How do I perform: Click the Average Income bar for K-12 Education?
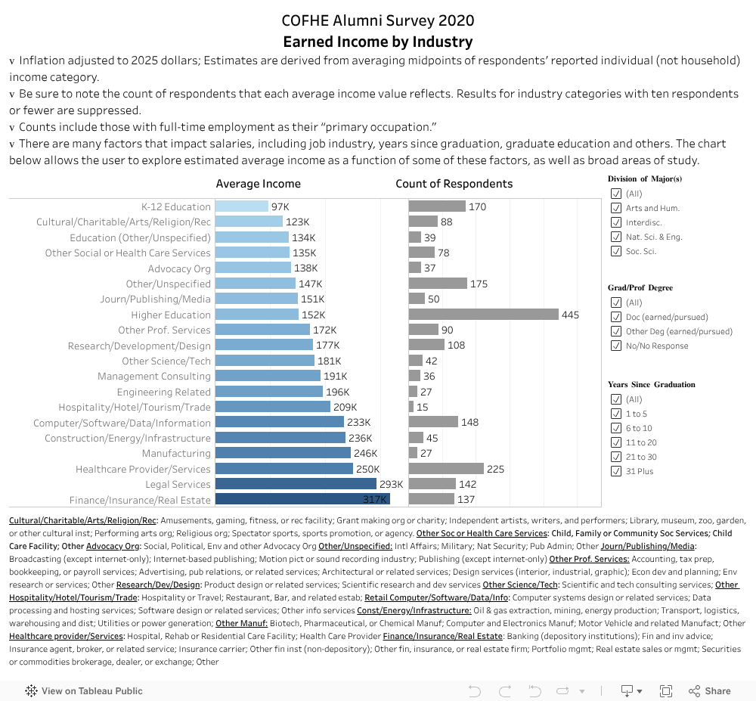click(241, 206)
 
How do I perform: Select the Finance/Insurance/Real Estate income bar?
click(302, 500)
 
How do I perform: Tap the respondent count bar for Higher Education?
click(483, 315)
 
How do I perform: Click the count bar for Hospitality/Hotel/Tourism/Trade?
click(411, 407)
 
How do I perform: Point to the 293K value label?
click(392, 485)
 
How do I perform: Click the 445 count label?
click(570, 315)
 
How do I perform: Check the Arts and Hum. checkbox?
click(615, 208)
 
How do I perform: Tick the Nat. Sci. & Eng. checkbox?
click(615, 237)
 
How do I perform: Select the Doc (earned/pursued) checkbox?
click(615, 317)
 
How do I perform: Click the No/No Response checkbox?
click(615, 346)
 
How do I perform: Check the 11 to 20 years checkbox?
click(615, 442)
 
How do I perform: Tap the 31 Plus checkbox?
click(615, 471)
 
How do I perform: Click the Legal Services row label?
click(179, 485)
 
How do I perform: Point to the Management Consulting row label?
click(154, 377)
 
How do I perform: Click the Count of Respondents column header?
click(454, 184)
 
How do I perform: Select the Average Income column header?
click(258, 184)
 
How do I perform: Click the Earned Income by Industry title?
click(377, 42)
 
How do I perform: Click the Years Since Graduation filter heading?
click(651, 384)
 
